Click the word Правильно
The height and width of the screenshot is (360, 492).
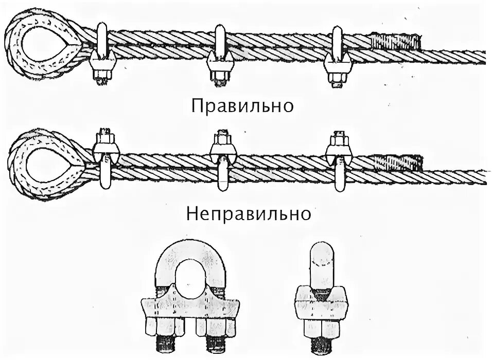(x=242, y=106)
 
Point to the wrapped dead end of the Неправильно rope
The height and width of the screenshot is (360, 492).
(x=399, y=163)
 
